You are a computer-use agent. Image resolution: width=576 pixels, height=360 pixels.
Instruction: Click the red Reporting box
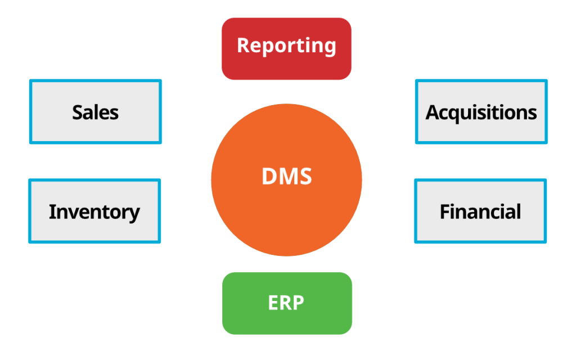pos(286,48)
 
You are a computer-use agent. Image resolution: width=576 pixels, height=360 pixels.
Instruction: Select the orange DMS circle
pos(286,179)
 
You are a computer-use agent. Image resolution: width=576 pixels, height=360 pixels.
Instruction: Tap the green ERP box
pos(287,303)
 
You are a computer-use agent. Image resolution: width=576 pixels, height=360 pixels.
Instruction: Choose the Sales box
pos(96,112)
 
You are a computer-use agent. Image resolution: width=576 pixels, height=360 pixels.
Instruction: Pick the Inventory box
pos(94,211)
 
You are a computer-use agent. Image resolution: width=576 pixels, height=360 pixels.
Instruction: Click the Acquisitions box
pos(481,112)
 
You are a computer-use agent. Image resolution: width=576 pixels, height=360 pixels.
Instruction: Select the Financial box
pos(480,211)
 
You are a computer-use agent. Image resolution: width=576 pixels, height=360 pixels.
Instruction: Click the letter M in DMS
pos(289,176)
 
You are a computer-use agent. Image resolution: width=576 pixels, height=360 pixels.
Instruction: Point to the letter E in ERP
pos(274,303)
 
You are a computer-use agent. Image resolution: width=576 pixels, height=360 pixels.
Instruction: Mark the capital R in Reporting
pos(244,45)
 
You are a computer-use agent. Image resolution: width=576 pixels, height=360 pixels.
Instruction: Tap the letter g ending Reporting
pos(330,48)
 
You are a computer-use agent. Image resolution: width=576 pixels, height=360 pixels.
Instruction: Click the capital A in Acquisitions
pos(434,112)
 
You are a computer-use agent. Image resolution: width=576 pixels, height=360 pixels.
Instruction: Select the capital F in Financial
pos(445,211)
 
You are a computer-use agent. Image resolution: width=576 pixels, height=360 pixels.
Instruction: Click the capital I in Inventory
pos(52,211)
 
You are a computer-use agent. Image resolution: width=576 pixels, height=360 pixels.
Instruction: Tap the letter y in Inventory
pos(133,214)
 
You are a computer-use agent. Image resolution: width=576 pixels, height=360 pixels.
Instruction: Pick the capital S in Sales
pos(78,112)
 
